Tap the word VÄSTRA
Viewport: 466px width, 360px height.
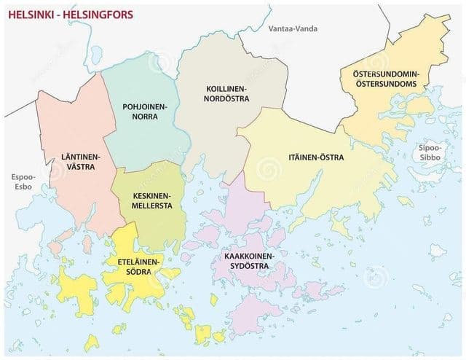80,167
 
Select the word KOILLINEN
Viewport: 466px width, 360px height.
226,88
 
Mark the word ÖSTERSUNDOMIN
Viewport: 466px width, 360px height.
384,74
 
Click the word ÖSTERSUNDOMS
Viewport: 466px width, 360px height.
384,84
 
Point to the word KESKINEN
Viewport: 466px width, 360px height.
152,196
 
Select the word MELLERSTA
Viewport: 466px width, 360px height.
152,206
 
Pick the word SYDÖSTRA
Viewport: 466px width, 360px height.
249,267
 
